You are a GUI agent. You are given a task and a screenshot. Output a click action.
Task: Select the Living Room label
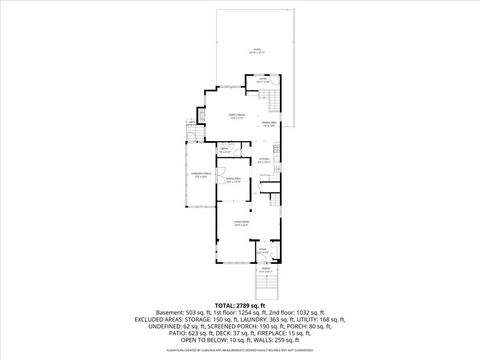[x=241, y=223]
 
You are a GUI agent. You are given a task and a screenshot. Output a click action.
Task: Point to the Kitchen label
[x=265, y=160]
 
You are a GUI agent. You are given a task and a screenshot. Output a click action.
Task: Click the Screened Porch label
[x=201, y=176]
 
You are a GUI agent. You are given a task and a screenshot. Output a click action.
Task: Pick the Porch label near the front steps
[x=266, y=270]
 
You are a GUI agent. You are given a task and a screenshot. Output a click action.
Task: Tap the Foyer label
[x=262, y=250]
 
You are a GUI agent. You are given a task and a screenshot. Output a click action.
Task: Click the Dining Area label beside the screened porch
[x=233, y=181]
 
